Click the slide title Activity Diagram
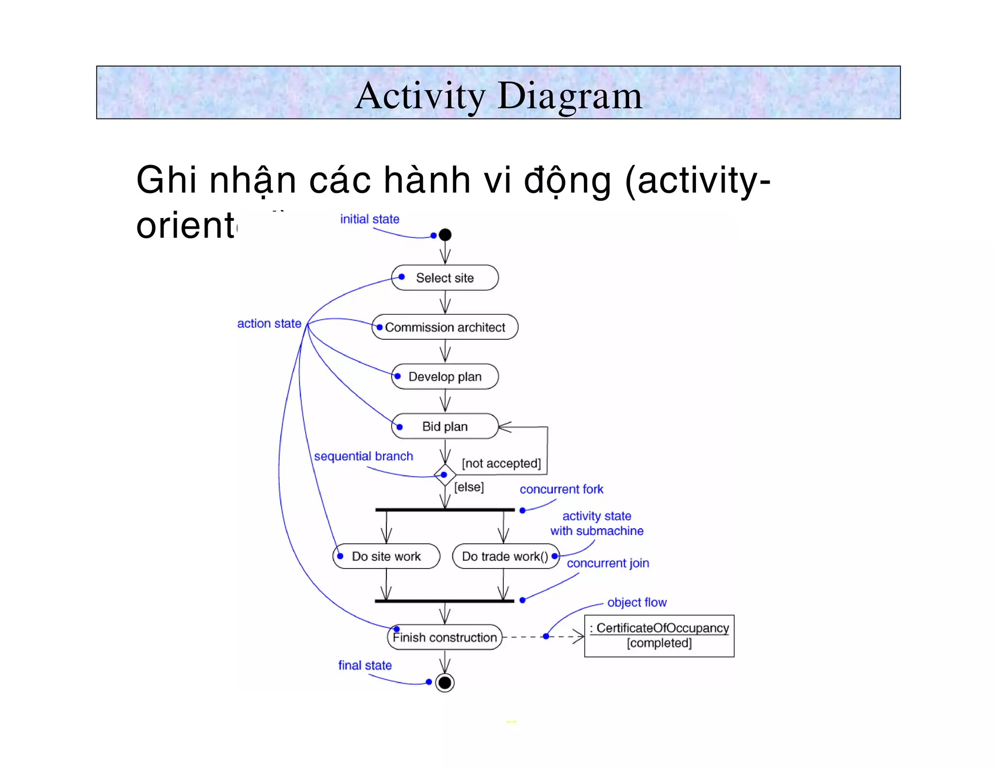pos(498,95)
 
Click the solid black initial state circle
pos(445,235)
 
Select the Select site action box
pos(445,278)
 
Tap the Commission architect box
pos(445,327)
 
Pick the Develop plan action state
pos(445,377)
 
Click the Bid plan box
pos(445,426)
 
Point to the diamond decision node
pos(445,475)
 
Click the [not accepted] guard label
pos(501,463)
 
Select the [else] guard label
pos(469,487)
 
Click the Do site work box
pos(386,556)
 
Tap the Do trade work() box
pos(505,556)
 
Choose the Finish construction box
pos(445,637)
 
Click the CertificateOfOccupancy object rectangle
pos(659,635)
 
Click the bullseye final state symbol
pos(445,683)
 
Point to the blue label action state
pos(269,323)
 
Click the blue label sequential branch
pos(364,456)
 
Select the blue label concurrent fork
pos(562,489)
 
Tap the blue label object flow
pos(637,602)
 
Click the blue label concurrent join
pos(608,563)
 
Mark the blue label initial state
pos(369,219)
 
